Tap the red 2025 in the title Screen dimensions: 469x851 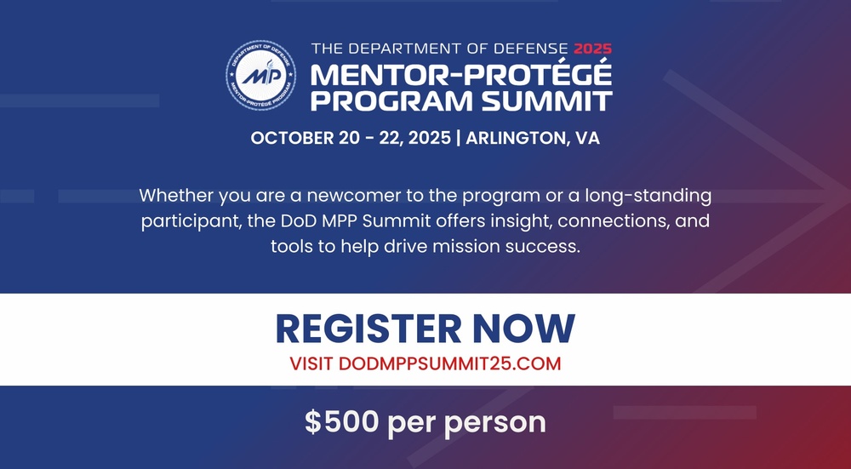point(592,49)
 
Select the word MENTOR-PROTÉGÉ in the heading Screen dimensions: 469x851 point(460,75)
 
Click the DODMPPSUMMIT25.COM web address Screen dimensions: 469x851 point(450,363)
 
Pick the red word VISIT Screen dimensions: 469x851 point(311,363)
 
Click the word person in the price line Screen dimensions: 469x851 point(503,423)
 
